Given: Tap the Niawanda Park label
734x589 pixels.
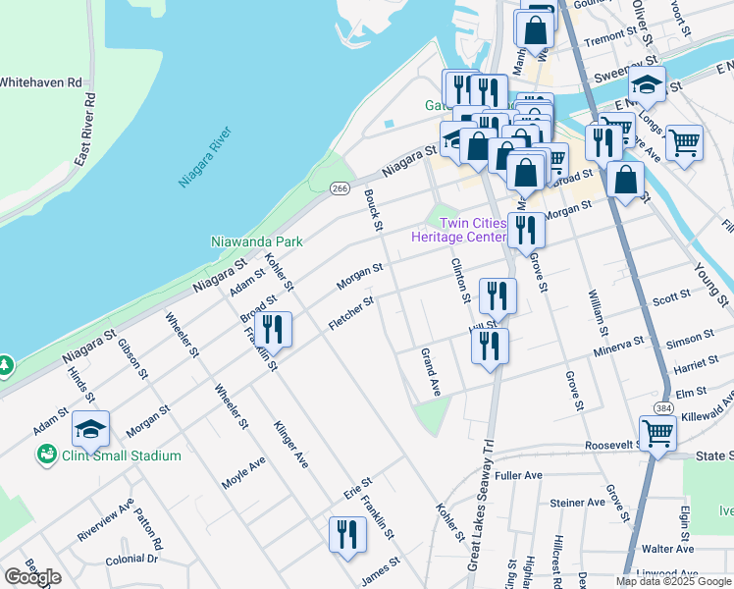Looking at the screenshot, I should click(257, 241).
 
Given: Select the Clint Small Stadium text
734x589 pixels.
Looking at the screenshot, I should click(122, 455).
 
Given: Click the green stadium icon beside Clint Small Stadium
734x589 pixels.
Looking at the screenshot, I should click(46, 455).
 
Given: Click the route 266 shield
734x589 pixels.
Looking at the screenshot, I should click(340, 188).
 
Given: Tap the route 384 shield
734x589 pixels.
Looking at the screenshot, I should click(665, 406).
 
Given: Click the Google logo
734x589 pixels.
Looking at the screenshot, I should click(32, 577).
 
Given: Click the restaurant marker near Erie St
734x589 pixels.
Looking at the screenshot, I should click(347, 535).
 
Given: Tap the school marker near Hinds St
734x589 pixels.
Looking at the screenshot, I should click(90, 429).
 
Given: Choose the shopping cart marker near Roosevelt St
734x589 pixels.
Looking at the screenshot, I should click(657, 432).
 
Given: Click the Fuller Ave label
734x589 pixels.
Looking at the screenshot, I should click(519, 476).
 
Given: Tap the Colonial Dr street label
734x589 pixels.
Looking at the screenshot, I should click(132, 558).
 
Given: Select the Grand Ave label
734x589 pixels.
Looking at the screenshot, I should click(430, 372).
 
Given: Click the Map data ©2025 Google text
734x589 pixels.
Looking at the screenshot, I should click(672, 581).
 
